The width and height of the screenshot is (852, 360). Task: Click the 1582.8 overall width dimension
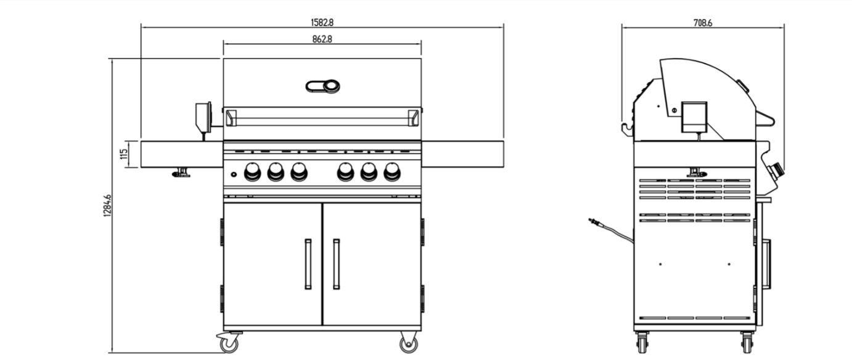[322, 22]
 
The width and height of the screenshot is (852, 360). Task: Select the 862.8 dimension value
[322, 39]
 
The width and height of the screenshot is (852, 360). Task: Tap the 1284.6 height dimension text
[107, 206]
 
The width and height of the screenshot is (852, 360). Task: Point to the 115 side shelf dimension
[124, 154]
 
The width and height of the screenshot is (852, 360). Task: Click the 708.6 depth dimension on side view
[703, 23]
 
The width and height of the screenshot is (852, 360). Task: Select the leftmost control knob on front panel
[252, 171]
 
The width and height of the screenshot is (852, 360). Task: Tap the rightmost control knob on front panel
[391, 171]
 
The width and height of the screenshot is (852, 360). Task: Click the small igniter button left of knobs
[234, 174]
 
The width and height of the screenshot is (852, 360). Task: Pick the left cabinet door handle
[308, 264]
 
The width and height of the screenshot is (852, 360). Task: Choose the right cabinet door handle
[336, 264]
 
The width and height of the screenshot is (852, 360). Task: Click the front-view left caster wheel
[229, 343]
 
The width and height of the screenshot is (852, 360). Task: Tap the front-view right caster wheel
[409, 344]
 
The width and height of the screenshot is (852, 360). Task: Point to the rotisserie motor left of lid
[203, 118]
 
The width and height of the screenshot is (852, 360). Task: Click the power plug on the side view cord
[593, 221]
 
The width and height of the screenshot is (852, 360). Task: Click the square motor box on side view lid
[694, 117]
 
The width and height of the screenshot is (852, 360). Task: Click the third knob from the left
[299, 171]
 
